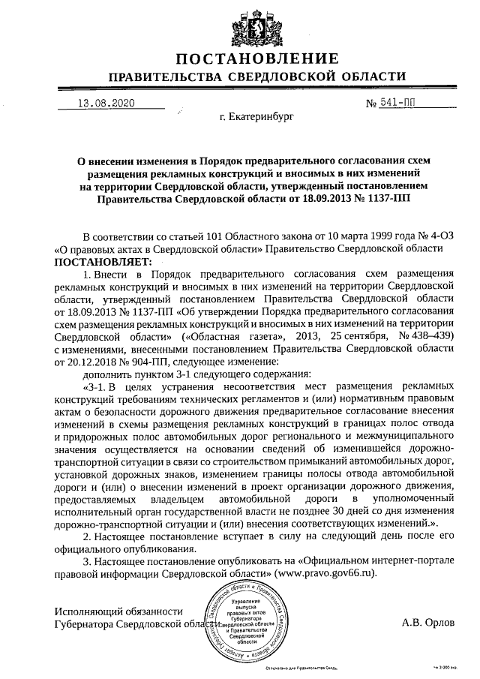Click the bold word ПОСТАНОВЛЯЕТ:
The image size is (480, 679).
[x=103, y=262]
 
